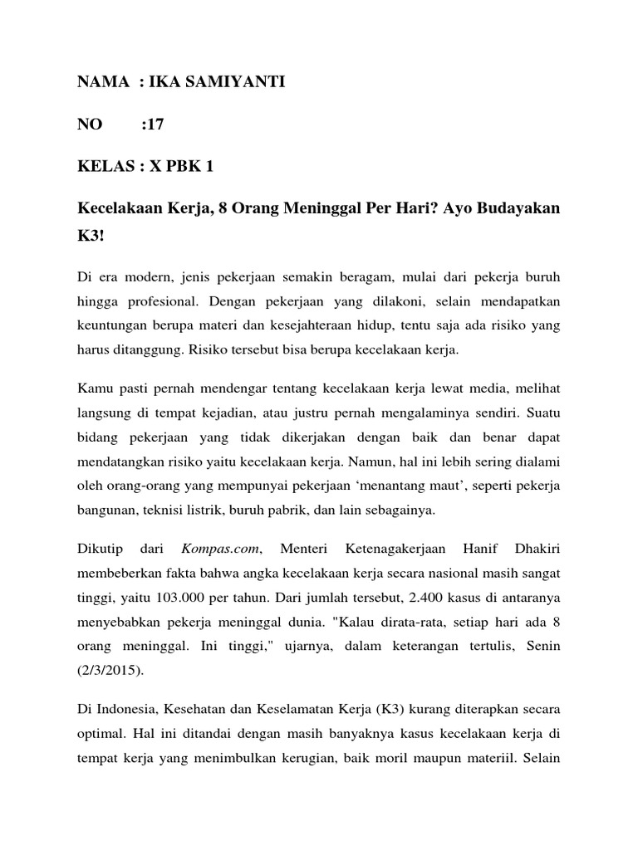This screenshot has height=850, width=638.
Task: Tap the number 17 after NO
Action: (154, 125)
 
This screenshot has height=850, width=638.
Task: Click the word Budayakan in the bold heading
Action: (518, 210)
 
